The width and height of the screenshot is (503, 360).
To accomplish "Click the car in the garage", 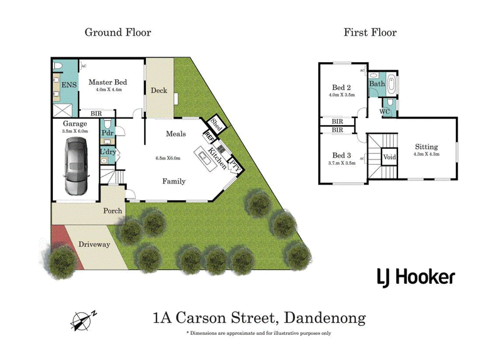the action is point(76,166).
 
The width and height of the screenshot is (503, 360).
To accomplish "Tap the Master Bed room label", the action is point(108,82).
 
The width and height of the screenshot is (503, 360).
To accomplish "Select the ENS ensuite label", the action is point(69,85).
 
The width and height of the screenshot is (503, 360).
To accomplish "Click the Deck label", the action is point(159,90).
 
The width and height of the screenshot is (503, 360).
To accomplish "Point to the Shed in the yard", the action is point(216,124).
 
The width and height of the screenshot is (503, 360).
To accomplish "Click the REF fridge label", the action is point(209,137).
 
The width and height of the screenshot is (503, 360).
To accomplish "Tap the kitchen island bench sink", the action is point(203,156).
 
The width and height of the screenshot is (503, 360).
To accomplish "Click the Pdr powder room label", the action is point(108,133).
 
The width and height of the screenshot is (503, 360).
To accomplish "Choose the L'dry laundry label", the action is point(108,151).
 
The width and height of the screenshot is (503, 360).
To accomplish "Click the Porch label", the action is point(113,210).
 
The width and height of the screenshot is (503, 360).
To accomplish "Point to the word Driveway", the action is point(94,244).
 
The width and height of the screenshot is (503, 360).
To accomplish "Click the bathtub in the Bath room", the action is point(391,84).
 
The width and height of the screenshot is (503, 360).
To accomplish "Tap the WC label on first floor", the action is point(384,112).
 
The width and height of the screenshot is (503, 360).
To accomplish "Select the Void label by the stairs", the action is point(389,157).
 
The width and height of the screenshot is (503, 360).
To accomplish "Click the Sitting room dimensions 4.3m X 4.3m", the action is point(426,154).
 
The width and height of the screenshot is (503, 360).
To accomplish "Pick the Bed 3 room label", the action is point(341,155).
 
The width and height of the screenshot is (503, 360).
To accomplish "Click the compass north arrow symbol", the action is point(83,320).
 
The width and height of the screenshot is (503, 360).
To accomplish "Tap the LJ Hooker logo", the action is point(416,278).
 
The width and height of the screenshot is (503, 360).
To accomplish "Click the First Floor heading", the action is point(370,33).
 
